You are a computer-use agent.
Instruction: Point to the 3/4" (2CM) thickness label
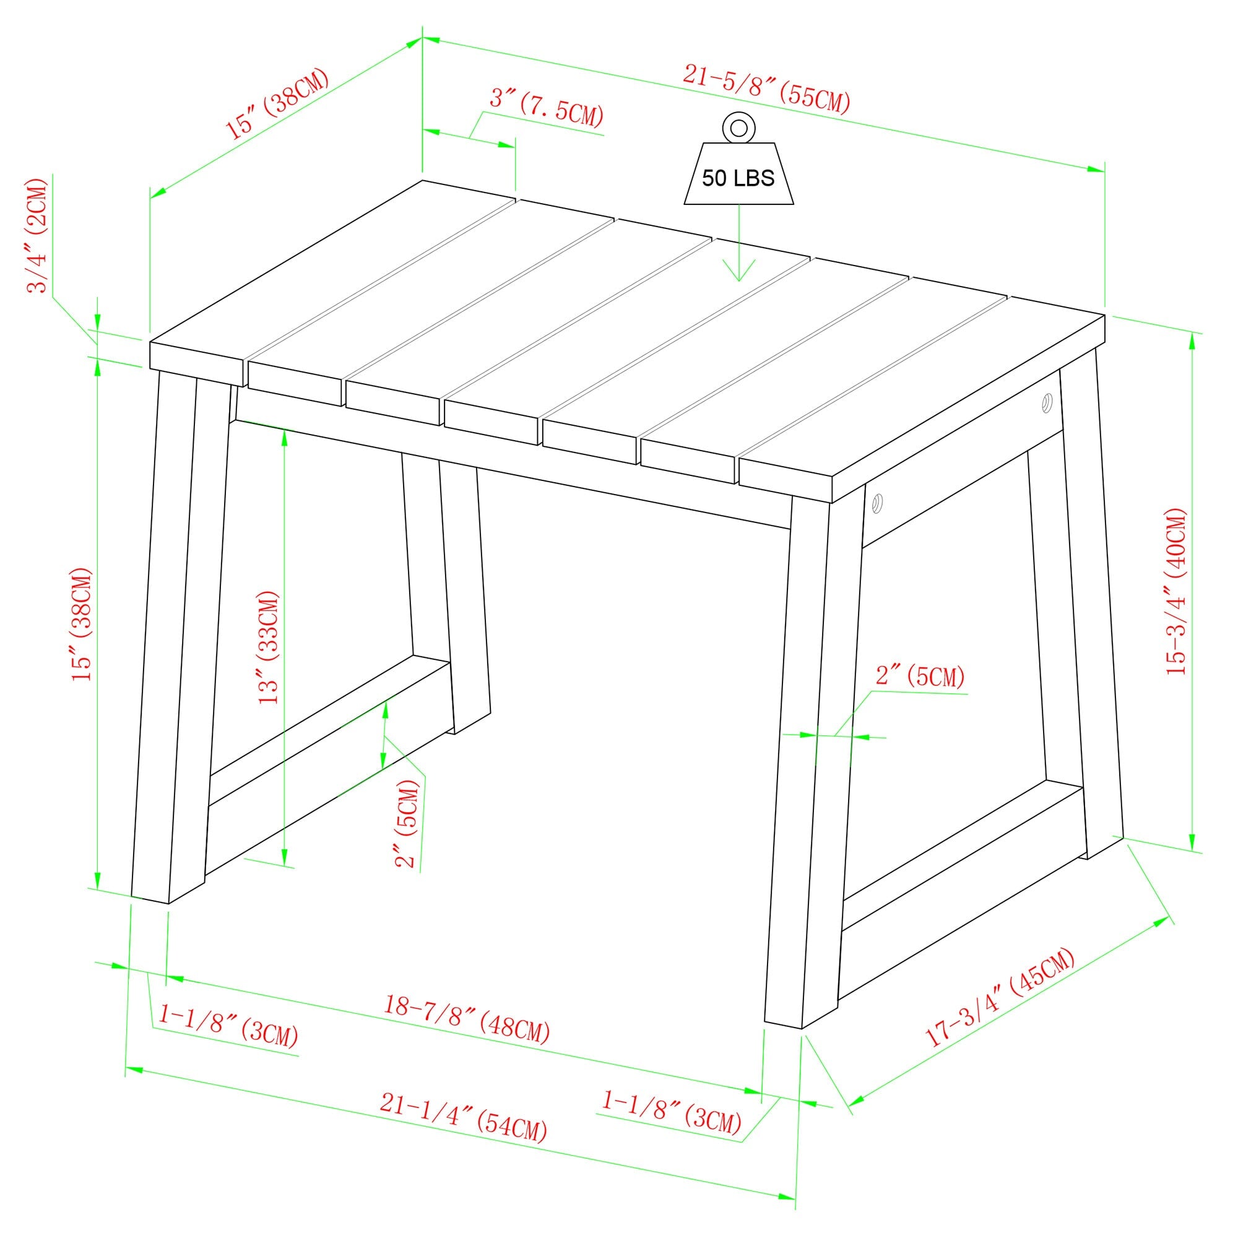point(37,236)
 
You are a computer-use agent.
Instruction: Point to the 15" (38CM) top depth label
point(278,103)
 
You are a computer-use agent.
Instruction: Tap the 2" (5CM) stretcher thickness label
point(408,823)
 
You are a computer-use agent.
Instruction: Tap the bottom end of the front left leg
point(149,899)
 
